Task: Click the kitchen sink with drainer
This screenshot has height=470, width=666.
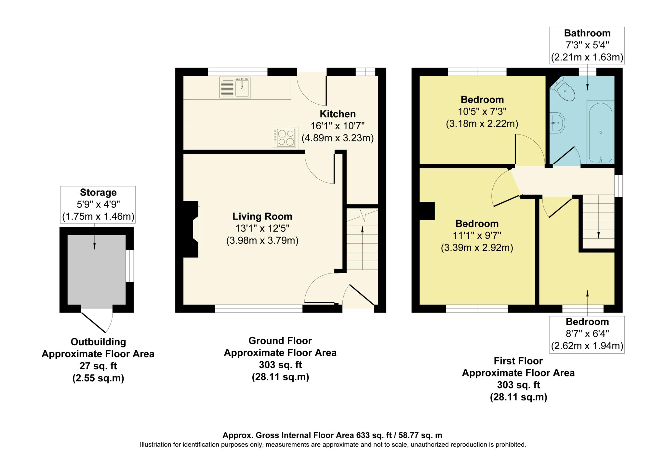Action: click(235, 87)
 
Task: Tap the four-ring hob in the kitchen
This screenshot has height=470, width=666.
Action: click(285, 138)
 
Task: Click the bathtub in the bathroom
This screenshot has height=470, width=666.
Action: click(600, 132)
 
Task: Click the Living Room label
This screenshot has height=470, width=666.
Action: click(262, 216)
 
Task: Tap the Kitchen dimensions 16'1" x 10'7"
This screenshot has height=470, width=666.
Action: click(338, 126)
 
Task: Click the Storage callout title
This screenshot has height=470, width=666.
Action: click(98, 192)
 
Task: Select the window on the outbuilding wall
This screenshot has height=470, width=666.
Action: click(129, 266)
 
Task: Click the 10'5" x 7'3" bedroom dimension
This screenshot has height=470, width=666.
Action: click(482, 112)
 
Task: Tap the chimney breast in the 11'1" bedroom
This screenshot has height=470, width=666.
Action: click(427, 211)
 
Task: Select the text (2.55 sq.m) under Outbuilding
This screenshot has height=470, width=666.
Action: click(98, 378)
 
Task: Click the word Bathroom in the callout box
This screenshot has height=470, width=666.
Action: click(587, 33)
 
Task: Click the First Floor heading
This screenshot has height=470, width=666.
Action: click(518, 361)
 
